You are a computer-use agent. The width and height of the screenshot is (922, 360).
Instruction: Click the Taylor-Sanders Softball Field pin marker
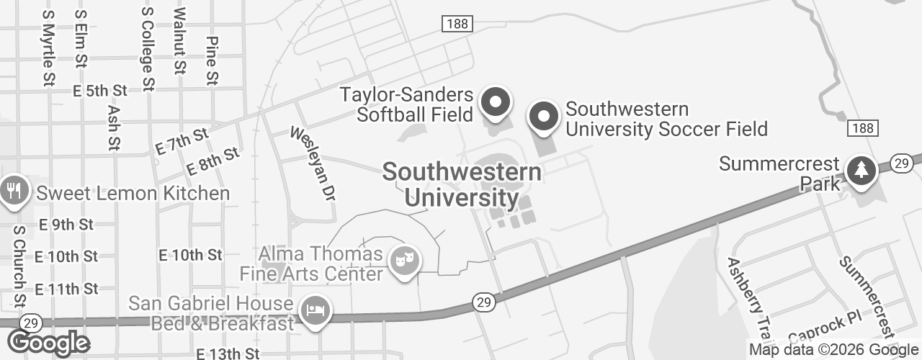(x=495, y=102)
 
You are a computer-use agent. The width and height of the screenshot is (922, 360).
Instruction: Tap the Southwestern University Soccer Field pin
(x=544, y=117)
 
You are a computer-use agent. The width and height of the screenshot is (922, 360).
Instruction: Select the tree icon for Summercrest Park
(x=860, y=171)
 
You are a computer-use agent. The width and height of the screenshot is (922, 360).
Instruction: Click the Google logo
(x=48, y=343)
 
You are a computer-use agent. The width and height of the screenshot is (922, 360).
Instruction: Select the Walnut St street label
(x=180, y=41)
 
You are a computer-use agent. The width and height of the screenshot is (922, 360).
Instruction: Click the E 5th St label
(x=100, y=91)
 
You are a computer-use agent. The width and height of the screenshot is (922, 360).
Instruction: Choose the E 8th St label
(x=212, y=161)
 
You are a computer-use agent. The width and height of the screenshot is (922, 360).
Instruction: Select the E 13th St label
(x=228, y=354)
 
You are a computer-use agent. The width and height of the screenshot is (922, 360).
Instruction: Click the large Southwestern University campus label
(x=462, y=184)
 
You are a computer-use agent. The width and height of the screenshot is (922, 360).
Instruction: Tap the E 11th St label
(x=66, y=289)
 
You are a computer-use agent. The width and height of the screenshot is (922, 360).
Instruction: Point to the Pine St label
(x=212, y=60)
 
